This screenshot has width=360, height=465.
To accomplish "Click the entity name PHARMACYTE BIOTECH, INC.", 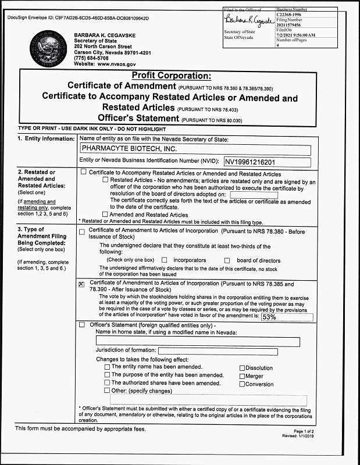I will point(121,149).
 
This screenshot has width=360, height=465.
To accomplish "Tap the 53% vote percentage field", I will point(270,317).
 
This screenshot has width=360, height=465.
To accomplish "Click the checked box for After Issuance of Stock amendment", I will point(81,284).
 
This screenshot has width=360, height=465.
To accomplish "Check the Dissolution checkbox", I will point(242,368).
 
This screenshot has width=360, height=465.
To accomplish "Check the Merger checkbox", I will point(242,376).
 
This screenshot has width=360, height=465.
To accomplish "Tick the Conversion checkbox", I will point(242,384).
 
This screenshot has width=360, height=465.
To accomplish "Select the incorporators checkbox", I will point(165,260).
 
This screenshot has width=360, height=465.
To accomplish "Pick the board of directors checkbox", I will point(227,260).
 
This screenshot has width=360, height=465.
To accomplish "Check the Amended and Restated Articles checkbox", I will point(105,214).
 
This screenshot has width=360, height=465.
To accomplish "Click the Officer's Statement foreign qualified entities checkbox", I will point(81,324).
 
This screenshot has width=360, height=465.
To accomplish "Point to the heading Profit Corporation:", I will point(171,76).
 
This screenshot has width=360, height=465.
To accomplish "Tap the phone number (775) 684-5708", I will point(92,58).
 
